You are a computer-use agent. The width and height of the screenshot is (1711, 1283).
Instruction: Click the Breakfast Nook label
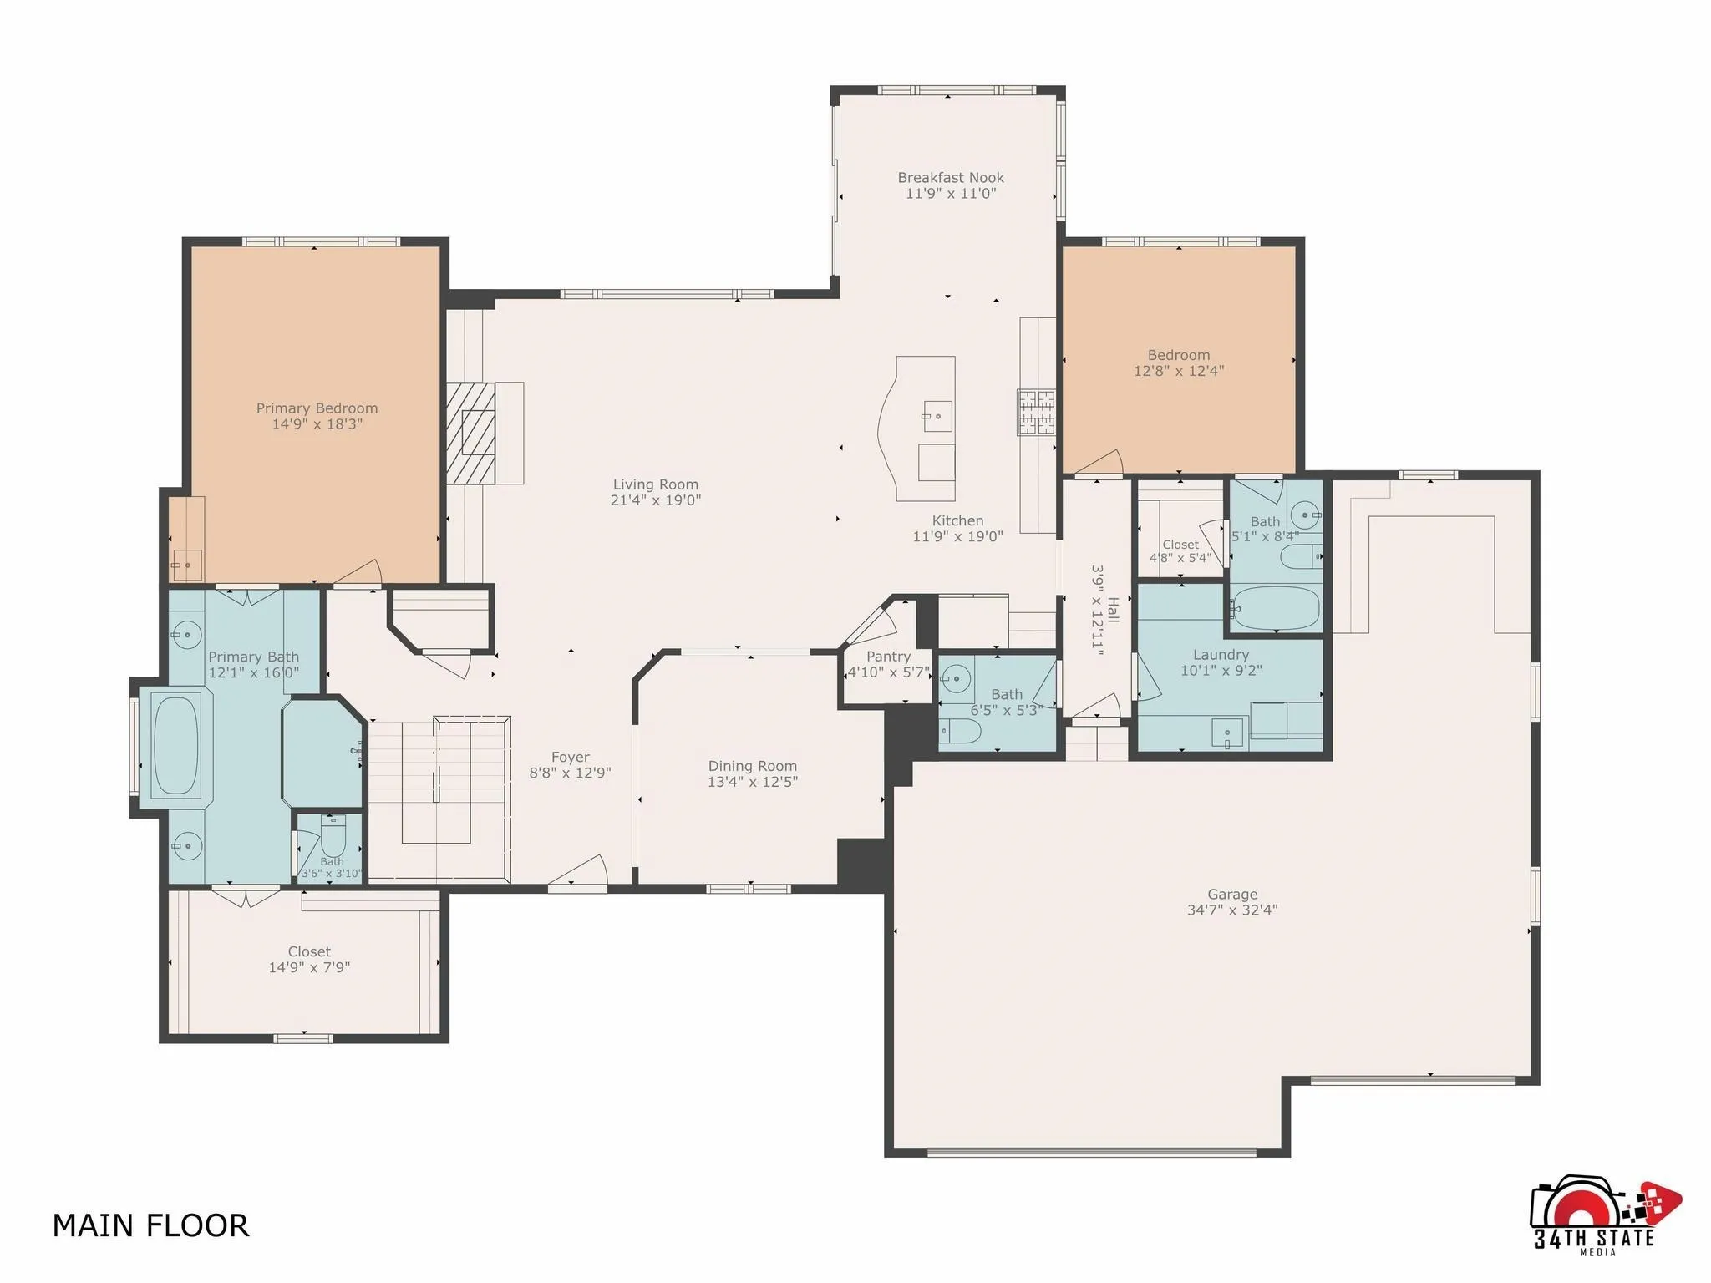951,177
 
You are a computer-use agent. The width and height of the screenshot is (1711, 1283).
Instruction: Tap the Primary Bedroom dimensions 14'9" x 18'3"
317,424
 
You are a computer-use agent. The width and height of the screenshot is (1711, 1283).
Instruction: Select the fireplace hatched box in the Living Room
470,433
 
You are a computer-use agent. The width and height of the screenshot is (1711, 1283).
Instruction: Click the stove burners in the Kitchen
1035,413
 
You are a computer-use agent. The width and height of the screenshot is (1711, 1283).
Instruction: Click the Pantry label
888,657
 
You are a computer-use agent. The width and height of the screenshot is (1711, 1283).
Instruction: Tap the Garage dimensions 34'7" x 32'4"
1231,910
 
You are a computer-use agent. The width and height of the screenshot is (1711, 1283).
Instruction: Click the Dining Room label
752,766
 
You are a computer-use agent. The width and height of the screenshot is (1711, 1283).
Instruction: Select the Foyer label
570,758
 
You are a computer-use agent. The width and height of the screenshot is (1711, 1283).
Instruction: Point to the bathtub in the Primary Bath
176,743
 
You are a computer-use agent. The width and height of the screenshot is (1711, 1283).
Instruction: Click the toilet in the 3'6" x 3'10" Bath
333,831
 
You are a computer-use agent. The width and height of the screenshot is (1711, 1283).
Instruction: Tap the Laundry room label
1221,655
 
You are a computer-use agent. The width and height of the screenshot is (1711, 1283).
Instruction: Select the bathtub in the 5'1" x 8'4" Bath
1275,608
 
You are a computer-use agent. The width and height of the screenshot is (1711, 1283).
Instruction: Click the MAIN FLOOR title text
150,1225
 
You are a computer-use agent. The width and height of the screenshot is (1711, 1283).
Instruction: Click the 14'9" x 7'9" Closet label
309,952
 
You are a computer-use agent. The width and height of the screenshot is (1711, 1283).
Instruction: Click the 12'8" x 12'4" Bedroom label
1178,355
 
